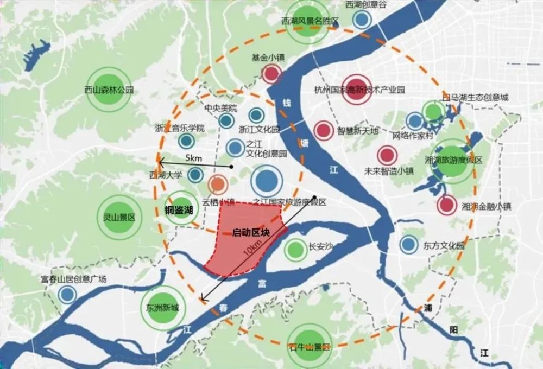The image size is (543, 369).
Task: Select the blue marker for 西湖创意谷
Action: point(362,20)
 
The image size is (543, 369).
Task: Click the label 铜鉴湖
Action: point(179,210)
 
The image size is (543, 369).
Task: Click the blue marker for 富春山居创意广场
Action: point(67,295)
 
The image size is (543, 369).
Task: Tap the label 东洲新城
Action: point(162,307)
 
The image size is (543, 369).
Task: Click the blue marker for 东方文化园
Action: point(409,245)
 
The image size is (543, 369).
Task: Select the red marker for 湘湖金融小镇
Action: point(446,205)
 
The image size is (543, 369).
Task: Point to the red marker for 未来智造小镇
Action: point(387,156)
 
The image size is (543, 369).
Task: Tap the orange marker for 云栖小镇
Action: point(217,184)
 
